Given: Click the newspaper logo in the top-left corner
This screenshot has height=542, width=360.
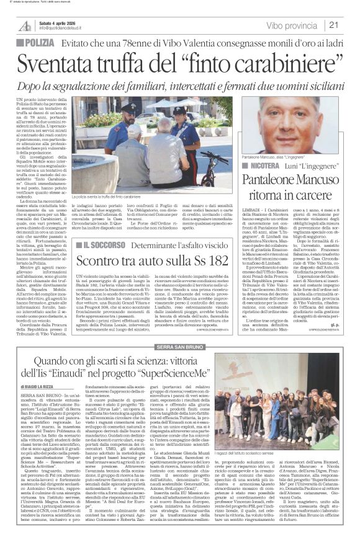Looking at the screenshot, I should (24, 25).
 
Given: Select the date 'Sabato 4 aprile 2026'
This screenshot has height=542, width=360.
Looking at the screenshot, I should (59, 22).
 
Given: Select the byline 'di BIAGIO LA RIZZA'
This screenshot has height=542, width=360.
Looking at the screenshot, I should (43, 386).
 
